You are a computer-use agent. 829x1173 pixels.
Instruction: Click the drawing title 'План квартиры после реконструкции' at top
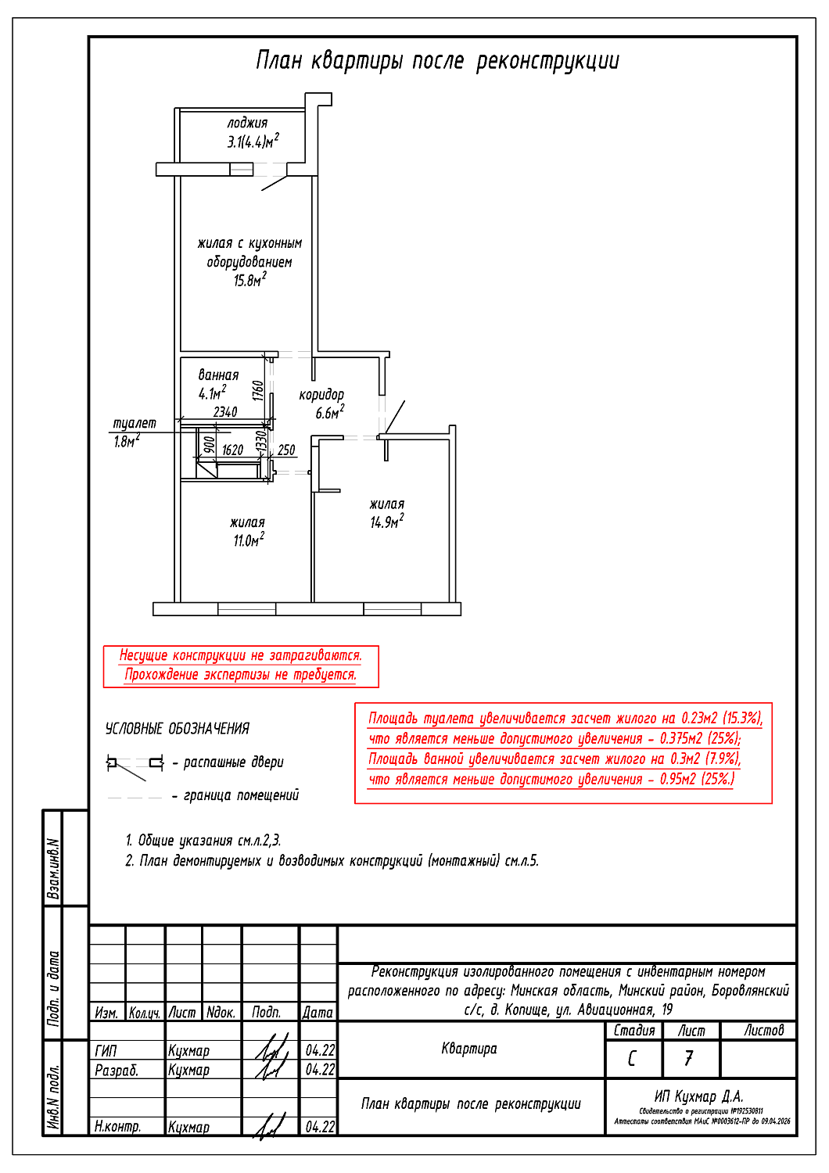437,61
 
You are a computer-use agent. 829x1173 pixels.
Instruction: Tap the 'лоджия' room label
247,123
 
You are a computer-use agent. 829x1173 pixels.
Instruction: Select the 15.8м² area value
249,280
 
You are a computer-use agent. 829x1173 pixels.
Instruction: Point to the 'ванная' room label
218,375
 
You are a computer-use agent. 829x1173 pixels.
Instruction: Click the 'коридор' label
321,395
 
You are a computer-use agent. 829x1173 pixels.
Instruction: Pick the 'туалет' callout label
135,423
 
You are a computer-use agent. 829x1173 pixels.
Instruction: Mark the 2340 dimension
225,412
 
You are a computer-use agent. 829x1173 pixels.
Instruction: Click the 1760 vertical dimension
258,389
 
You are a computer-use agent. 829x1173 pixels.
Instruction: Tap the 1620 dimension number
232,450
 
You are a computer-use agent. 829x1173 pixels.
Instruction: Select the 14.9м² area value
386,522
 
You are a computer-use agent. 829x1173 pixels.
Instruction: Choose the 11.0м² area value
248,540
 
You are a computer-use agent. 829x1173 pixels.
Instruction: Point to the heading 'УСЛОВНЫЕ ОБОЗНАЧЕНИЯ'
178,729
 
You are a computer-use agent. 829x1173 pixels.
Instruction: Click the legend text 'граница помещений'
241,795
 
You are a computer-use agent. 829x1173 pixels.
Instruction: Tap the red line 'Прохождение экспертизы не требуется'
240,675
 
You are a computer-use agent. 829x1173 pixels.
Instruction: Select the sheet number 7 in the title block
689,1058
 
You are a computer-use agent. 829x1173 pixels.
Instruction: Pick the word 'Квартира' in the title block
469,1049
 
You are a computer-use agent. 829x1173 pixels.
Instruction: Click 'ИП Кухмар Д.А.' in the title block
698,1096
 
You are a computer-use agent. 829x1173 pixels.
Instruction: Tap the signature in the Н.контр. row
269,1126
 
